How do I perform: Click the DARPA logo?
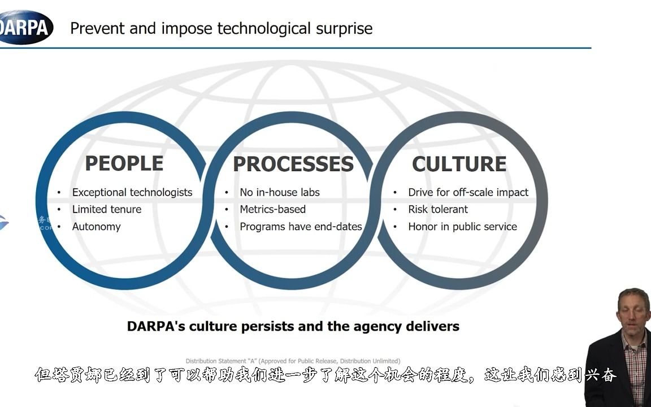25,27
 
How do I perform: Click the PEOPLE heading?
124,163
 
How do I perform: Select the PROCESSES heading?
293,164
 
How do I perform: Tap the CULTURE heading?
459,164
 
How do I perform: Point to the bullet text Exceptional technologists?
132,192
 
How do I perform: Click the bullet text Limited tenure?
107,209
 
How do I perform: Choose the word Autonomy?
96,227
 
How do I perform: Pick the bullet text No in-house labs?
280,192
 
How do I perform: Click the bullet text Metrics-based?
272,209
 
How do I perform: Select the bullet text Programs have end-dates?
301,227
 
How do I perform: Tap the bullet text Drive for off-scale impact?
468,192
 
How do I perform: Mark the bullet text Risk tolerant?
438,209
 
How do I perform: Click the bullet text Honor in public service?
462,227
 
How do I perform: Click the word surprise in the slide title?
344,29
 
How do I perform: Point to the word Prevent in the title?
98,28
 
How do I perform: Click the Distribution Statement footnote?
293,361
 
